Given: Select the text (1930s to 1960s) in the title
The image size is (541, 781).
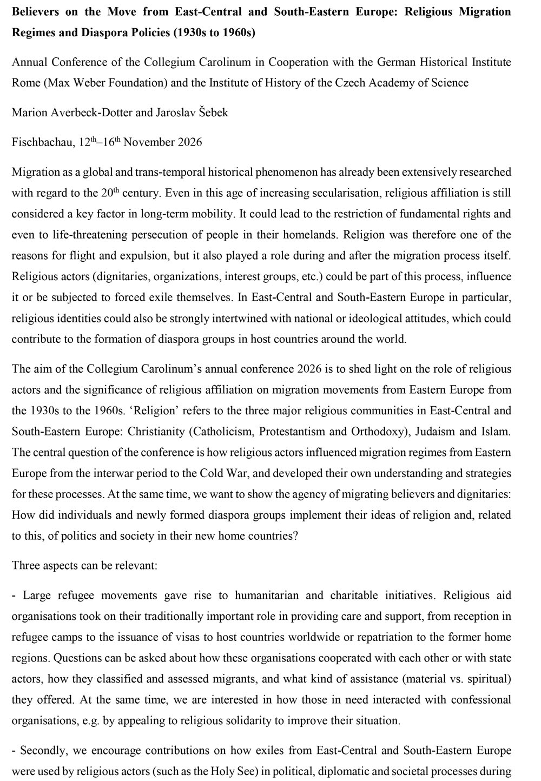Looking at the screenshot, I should click(214, 32).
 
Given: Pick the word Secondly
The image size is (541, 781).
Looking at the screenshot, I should click(41, 751).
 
